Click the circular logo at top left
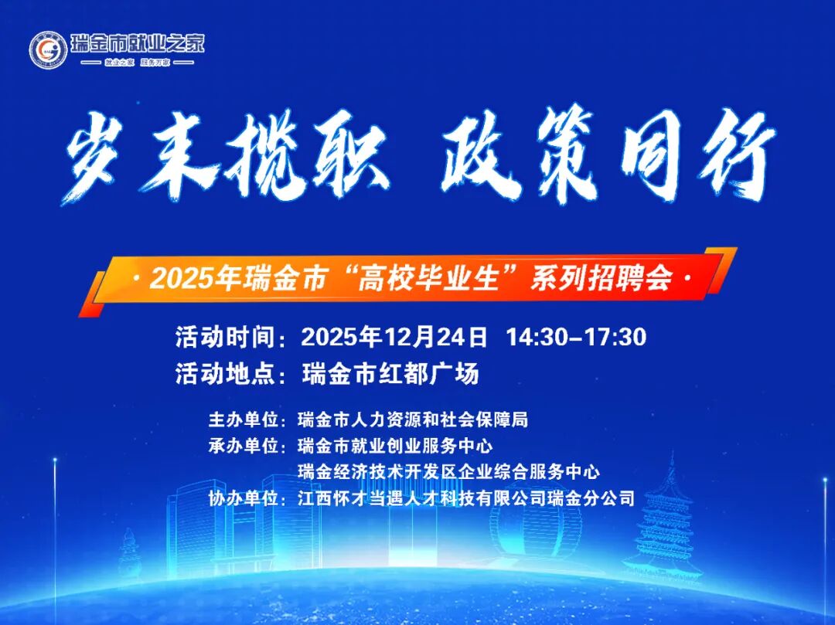coord(48,49)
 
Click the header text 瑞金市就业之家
coord(138,42)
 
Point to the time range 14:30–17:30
coord(576,338)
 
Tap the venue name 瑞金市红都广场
coord(390,374)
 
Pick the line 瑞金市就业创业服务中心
coord(395,446)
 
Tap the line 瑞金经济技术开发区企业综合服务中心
coord(448,471)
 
